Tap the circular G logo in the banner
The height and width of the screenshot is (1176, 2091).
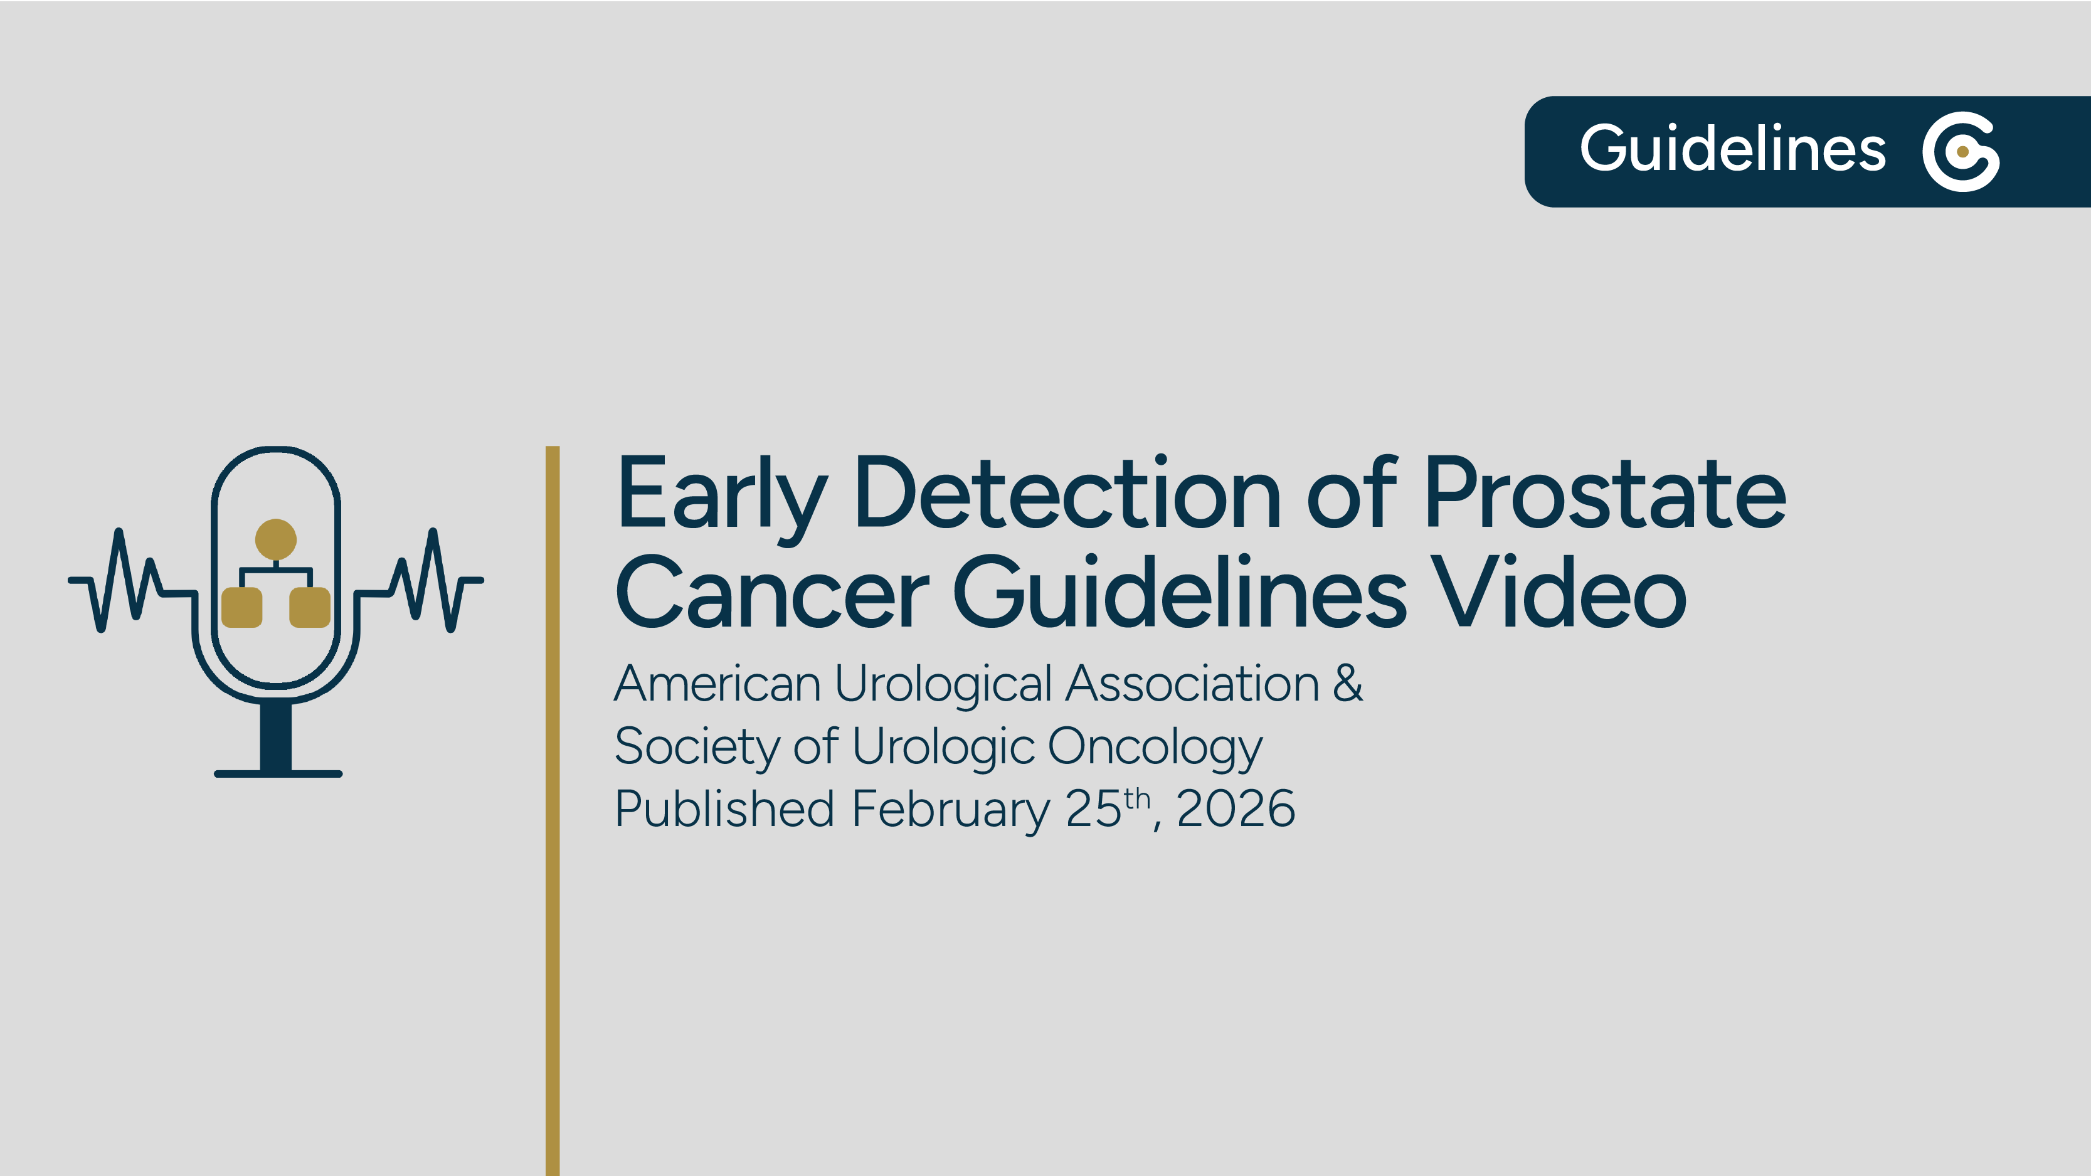1961,152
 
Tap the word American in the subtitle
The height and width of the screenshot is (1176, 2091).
717,684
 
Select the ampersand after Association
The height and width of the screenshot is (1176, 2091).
1347,684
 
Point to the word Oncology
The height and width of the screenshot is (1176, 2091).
1155,748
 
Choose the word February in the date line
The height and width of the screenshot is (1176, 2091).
951,810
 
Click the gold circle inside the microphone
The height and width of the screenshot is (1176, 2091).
276,539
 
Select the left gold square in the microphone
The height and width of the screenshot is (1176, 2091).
242,607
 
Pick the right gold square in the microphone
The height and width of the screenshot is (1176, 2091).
309,607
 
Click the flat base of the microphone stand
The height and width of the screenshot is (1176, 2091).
278,773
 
